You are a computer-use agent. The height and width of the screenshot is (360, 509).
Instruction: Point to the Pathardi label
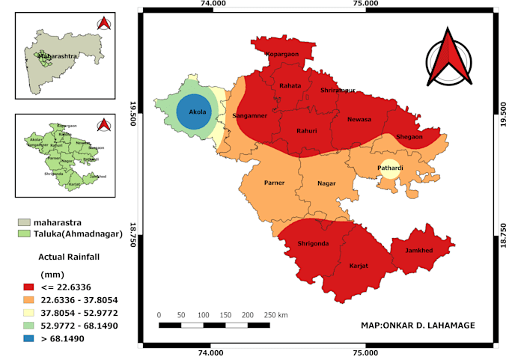pyautogui.click(x=389, y=168)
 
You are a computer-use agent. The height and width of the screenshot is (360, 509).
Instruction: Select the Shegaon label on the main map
pyautogui.click(x=409, y=136)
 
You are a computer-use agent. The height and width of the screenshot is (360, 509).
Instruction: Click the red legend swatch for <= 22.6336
pyautogui.click(x=30, y=286)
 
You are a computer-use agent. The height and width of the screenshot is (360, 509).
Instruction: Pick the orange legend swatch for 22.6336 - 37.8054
pyautogui.click(x=30, y=299)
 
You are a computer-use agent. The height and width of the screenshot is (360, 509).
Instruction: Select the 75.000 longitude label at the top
pyautogui.click(x=365, y=4)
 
